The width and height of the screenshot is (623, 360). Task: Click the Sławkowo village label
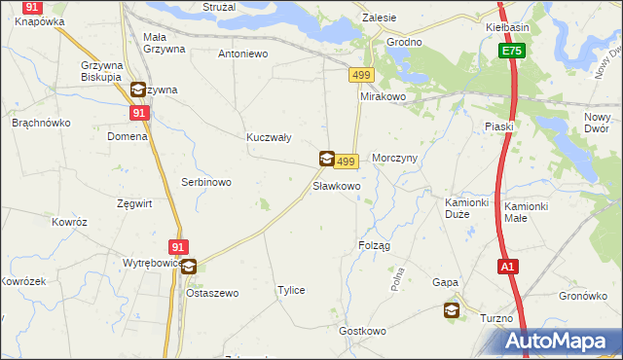tap(337, 185)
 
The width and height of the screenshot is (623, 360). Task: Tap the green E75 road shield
tap(512, 51)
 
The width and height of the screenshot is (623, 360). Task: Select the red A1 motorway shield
tap(506, 266)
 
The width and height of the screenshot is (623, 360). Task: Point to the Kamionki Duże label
tap(465, 208)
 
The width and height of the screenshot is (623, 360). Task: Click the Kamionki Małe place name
tap(528, 212)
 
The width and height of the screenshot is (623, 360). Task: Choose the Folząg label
tap(374, 245)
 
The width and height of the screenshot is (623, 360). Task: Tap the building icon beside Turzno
tap(452, 310)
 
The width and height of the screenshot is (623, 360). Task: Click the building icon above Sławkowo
tap(327, 158)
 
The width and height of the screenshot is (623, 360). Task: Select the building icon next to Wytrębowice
tap(189, 266)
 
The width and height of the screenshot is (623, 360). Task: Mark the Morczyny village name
tap(394, 160)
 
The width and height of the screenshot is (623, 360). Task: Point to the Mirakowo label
tap(382, 98)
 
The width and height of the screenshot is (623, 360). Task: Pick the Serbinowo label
tap(205, 182)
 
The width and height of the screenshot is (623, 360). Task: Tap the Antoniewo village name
tap(243, 54)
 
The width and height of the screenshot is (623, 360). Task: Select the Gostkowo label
tap(362, 332)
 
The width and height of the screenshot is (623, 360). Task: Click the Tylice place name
tap(291, 291)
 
